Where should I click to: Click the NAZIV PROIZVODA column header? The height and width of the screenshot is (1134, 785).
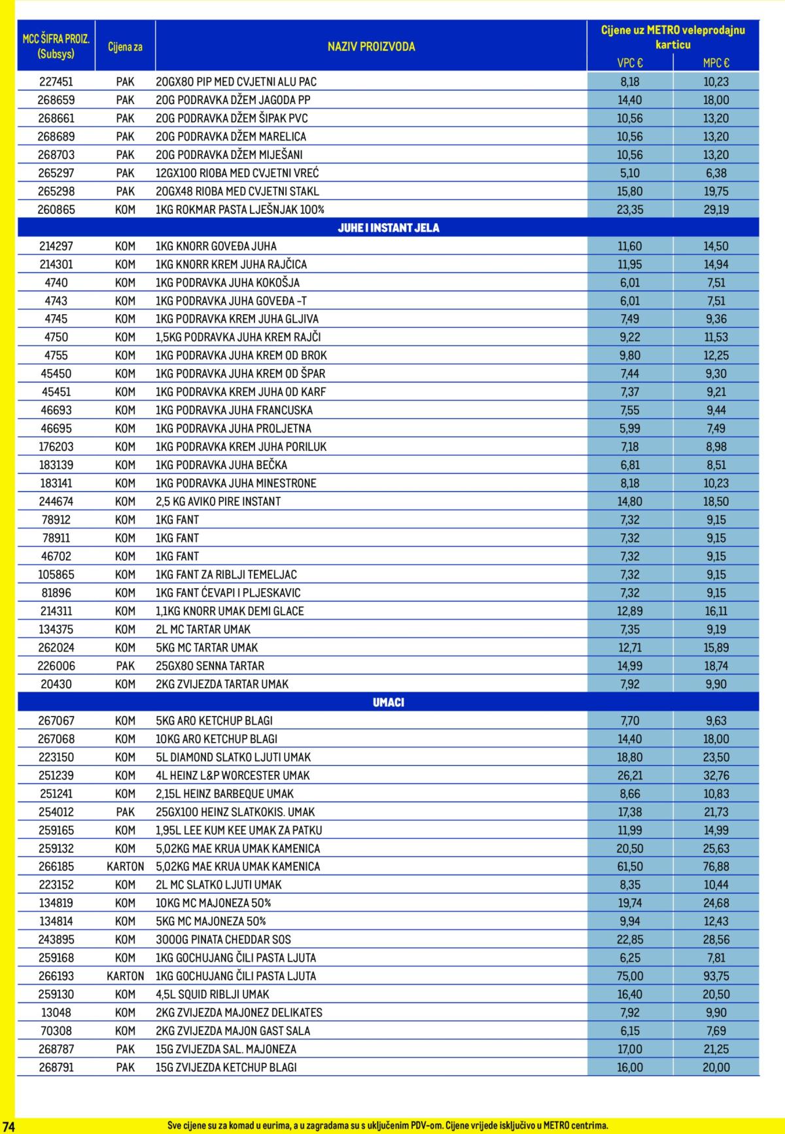coord(371,46)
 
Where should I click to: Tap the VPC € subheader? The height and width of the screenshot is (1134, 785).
coord(630,63)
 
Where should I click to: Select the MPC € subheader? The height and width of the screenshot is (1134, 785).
coord(716,63)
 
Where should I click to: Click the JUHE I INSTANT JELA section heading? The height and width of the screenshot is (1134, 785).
coord(389,228)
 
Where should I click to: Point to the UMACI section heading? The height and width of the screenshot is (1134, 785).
coord(389,702)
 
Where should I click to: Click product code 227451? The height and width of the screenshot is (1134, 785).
coord(56,82)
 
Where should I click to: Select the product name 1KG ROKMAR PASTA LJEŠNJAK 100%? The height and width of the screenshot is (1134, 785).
coord(240,209)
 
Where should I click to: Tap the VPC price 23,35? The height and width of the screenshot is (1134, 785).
coord(630,209)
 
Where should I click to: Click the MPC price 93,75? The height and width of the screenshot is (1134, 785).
coord(716,976)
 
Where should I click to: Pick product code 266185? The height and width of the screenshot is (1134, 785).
coord(56,866)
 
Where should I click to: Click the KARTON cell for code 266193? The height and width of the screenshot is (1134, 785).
coord(125,976)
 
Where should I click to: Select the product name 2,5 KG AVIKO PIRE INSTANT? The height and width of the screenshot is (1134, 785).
coord(218,501)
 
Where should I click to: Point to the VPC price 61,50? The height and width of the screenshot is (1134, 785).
coord(630,866)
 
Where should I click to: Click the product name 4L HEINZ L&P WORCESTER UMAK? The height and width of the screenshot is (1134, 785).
coord(232,775)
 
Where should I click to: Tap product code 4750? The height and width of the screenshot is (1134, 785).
coord(56,337)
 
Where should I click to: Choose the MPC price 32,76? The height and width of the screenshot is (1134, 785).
coord(716,775)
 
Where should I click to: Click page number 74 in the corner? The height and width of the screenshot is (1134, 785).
coord(8,1125)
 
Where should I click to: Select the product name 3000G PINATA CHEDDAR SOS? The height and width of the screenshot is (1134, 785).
coord(223,939)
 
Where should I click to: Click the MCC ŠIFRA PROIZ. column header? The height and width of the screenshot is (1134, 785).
coord(56,46)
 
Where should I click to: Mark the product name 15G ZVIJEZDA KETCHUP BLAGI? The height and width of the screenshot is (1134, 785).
coord(226,1067)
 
